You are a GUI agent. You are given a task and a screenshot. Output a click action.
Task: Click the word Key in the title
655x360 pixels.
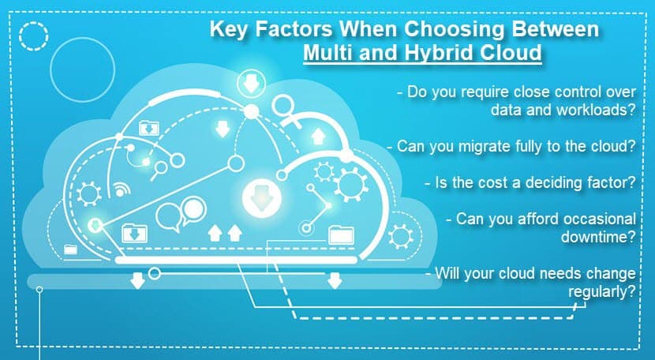pyautogui.click(x=228, y=29)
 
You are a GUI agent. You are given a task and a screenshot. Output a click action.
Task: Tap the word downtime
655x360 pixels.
pyautogui.click(x=598, y=237)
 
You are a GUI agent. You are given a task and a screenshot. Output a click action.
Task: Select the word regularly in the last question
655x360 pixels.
pyautogui.click(x=601, y=292)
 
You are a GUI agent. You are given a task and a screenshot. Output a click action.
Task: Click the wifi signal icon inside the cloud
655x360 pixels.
pyautogui.click(x=122, y=189)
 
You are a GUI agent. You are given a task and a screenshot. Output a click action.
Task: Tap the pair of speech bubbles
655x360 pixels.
pyautogui.click(x=182, y=214)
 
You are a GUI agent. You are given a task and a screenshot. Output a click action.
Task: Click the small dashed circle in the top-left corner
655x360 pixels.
pyautogui.click(x=33, y=36)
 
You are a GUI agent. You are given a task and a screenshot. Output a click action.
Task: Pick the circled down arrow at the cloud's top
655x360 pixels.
pyautogui.click(x=251, y=84)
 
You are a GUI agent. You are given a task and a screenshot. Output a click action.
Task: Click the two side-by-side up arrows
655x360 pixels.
pyautogui.click(x=225, y=233)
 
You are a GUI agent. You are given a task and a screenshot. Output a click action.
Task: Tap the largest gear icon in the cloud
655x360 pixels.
pyautogui.click(x=351, y=185)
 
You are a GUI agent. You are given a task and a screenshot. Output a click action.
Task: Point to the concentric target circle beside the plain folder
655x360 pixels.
pyautogui.click(x=306, y=228)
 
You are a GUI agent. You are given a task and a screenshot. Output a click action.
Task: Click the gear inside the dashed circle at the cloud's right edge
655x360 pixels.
pyautogui.click(x=401, y=237)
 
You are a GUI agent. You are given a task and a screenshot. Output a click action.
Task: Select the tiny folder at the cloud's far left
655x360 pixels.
pyautogui.click(x=70, y=249)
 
